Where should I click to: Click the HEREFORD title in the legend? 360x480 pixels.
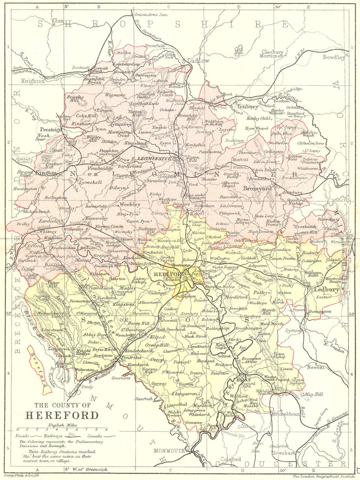pyautogui.click(x=62, y=415)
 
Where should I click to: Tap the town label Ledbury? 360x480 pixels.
pyautogui.click(x=325, y=289)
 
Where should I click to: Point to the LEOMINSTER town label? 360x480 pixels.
pyautogui.click(x=152, y=159)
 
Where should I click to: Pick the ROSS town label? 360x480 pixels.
pyautogui.click(x=241, y=379)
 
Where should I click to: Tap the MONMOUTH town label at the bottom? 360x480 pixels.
pyautogui.click(x=169, y=451)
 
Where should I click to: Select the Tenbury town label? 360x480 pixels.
pyautogui.click(x=248, y=107)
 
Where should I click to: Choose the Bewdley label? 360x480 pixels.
pyautogui.click(x=334, y=57)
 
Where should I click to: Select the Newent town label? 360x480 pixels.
pyautogui.click(x=315, y=367)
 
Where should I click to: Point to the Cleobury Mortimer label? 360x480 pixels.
pyautogui.click(x=273, y=54)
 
